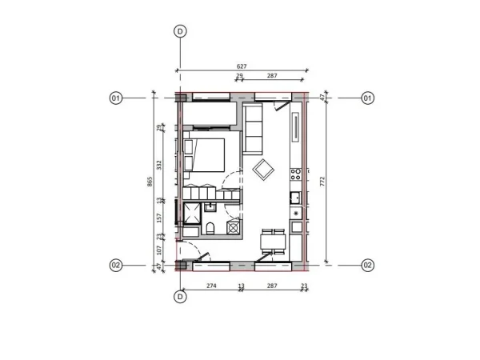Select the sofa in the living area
tap(254, 130)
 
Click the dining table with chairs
tap(274, 242)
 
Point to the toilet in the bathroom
tap(210, 229)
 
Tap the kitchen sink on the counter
tap(295, 197)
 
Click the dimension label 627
tap(242, 67)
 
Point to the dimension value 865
tap(150, 182)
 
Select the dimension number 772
tap(322, 182)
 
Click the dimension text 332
tap(160, 165)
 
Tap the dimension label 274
tap(211, 286)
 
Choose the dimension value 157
tap(160, 217)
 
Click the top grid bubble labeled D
tap(180, 31)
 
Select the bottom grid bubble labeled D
tap(180, 297)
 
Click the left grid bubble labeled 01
tap(115, 98)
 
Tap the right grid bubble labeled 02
tap(368, 265)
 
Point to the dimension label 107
tap(160, 250)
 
